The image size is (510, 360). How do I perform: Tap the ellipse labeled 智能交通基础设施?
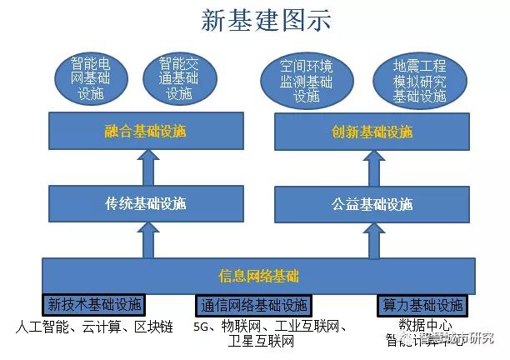click(178, 78)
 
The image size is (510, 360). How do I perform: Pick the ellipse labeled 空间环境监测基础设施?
click(306, 81)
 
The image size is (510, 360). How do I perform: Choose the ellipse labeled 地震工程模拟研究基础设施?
click(420, 81)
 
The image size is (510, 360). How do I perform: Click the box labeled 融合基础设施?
click(146, 132)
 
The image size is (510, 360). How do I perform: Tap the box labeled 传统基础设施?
click(146, 203)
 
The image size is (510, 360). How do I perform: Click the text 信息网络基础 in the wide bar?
click(258, 276)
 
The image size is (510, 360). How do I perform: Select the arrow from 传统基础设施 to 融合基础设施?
click(147, 167)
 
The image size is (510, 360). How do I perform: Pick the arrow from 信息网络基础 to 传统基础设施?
click(147, 239)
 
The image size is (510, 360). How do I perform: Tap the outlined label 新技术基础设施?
click(94, 304)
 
